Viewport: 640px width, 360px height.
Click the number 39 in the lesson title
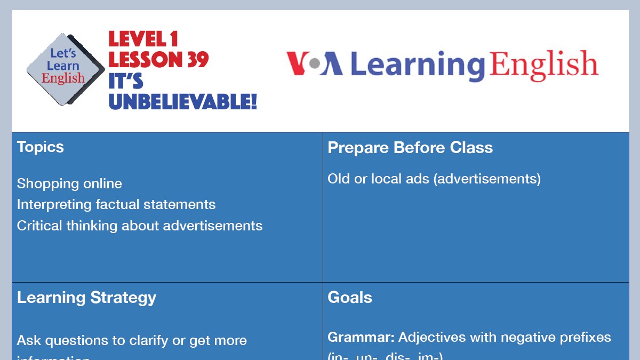tap(197, 60)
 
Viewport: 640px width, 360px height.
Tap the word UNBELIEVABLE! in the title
tap(183, 101)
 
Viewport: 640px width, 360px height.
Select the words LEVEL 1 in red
tap(143, 39)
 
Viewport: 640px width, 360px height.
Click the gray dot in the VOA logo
tap(315, 64)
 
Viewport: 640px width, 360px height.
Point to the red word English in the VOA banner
tap(543, 65)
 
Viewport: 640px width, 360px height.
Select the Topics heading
tap(41, 147)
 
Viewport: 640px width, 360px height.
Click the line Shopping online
tap(69, 184)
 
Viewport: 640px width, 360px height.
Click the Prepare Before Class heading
tap(410, 148)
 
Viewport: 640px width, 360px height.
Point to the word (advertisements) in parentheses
tap(487, 179)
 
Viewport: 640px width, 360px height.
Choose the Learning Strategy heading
tap(86, 298)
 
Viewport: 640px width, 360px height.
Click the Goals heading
tap(349, 298)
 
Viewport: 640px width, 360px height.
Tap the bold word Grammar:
tap(361, 338)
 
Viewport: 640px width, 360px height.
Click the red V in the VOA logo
tap(297, 63)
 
